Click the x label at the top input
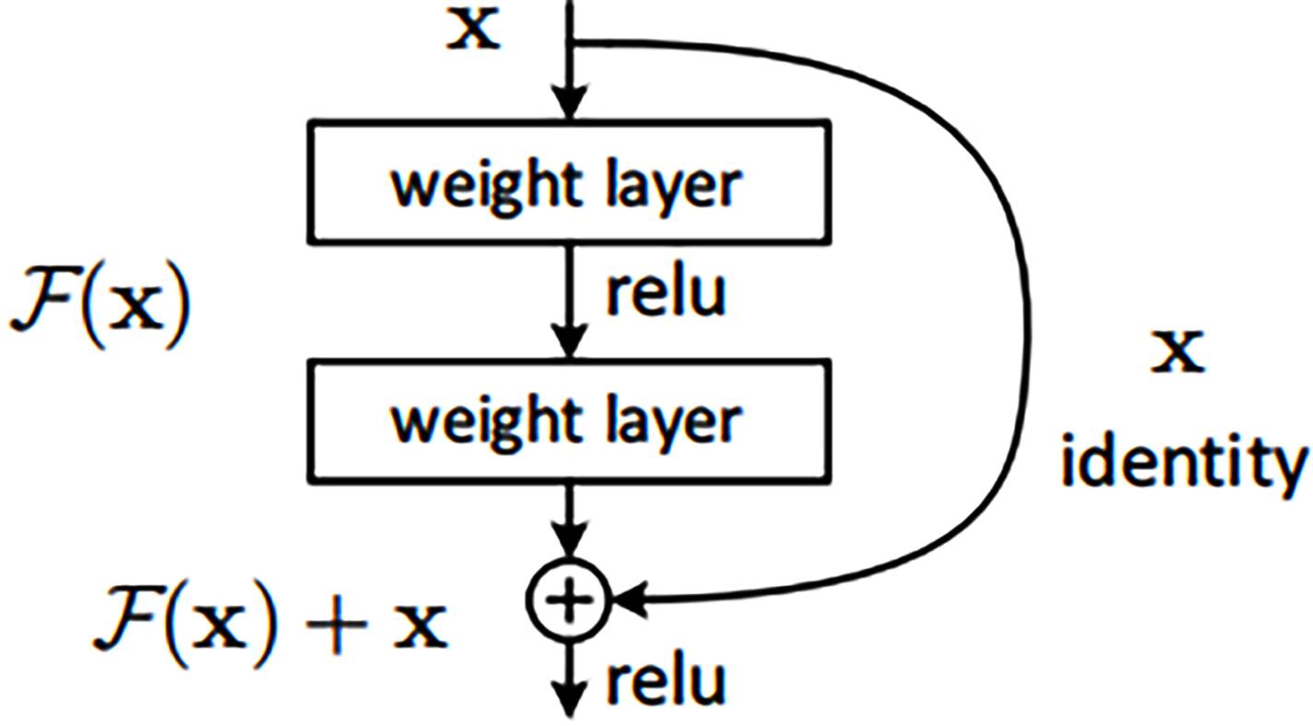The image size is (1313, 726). pos(474,29)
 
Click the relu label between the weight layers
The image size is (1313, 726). pos(666,292)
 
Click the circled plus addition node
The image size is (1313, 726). pos(569,600)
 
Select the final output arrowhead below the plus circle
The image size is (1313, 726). pos(570,699)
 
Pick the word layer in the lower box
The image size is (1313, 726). pos(674,423)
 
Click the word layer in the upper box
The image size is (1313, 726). pos(674,185)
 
